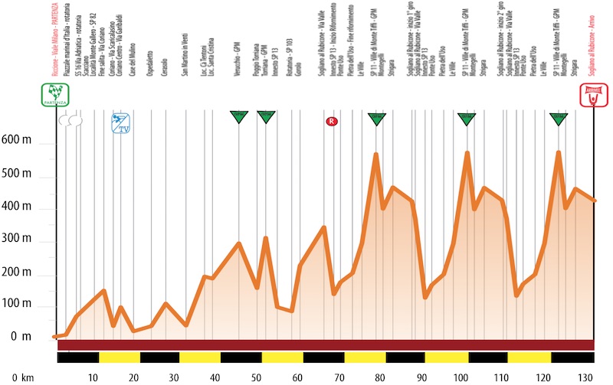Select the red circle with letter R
click(332, 121)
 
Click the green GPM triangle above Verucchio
click(238, 116)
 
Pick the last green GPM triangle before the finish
click(559, 118)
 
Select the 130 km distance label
click(585, 378)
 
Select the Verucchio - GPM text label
click(238, 54)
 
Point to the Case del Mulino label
click(133, 57)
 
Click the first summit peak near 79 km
click(376, 155)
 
